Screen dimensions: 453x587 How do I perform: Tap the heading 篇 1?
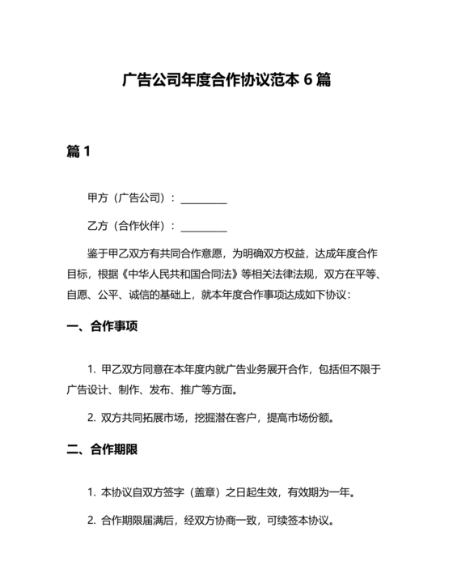[78, 151]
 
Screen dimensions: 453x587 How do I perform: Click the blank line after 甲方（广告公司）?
[204, 198]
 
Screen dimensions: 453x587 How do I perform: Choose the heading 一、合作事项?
[102, 328]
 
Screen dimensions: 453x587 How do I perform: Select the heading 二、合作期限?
[102, 450]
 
